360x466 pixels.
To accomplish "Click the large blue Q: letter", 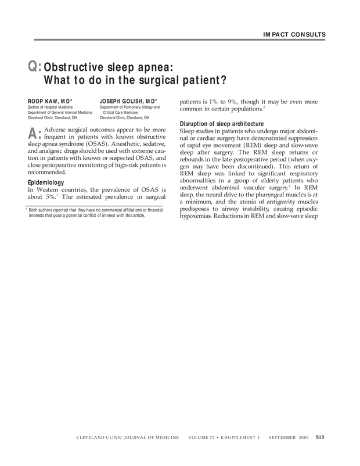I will click(x=35, y=67).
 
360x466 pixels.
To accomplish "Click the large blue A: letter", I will click(x=34, y=133).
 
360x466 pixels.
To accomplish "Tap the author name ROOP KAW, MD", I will click(x=50, y=101).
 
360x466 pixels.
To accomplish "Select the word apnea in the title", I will click(x=149, y=66).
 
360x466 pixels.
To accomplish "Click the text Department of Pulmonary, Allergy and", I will click(x=129, y=107).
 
